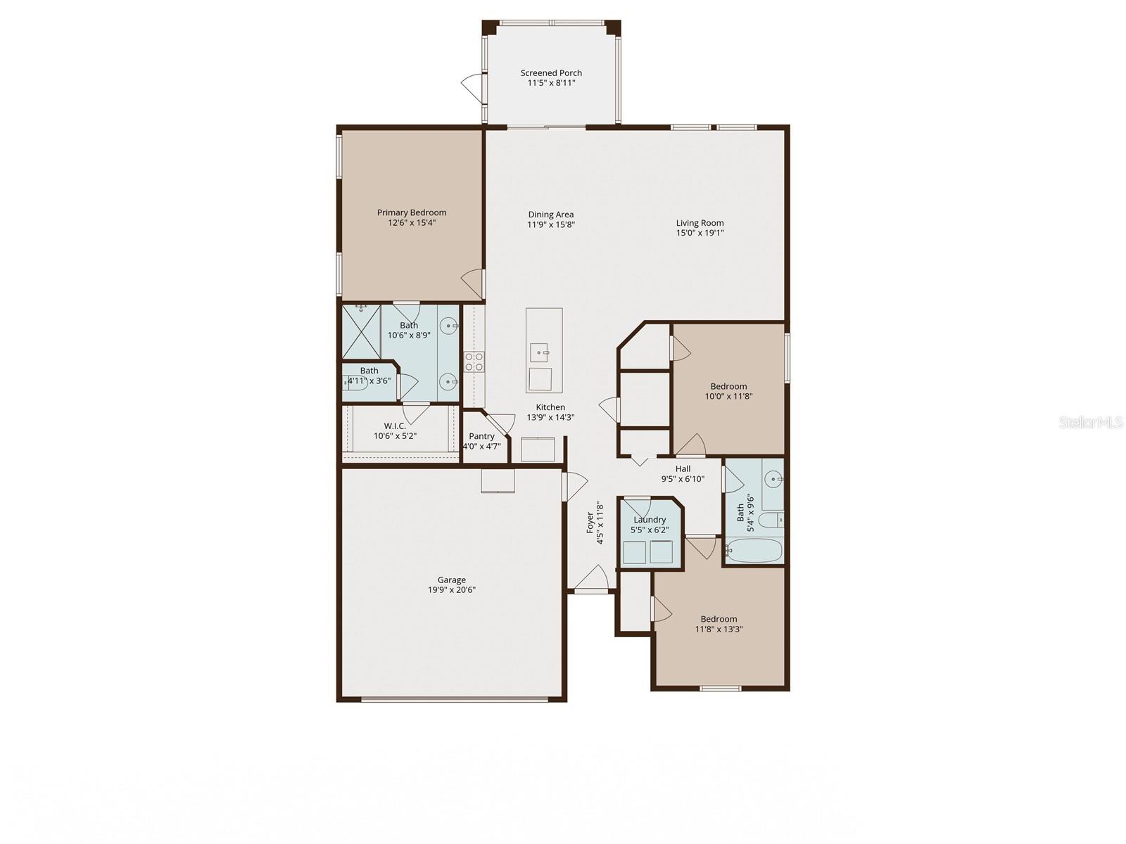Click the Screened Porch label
coord(551,72)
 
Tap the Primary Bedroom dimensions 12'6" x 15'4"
coord(411,223)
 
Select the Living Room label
coord(700,223)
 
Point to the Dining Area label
coord(551,215)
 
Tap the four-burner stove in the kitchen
coord(474,362)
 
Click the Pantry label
coord(481,436)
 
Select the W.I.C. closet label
coord(395,426)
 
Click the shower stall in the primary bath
coord(361,331)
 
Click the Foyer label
coord(590,523)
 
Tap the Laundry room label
coord(649,520)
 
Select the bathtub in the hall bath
coord(754,550)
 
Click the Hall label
coord(683,468)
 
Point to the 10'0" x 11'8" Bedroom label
coord(728,386)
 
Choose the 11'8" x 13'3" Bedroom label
coord(719,619)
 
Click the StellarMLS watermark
coord(1090,423)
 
